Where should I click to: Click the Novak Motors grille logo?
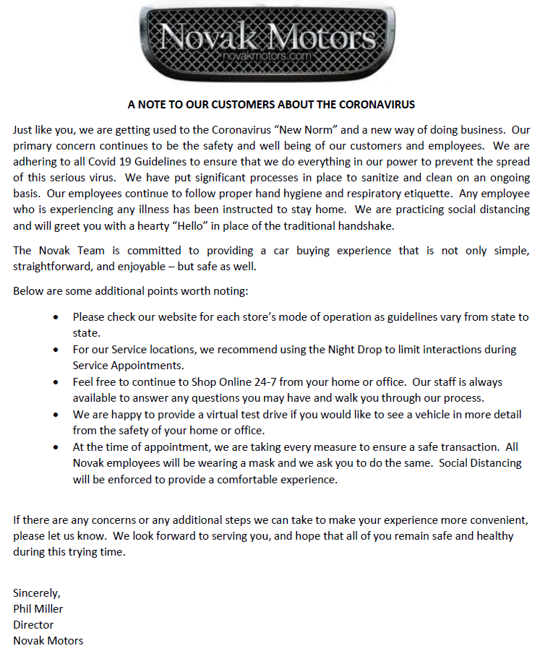coord(269,41)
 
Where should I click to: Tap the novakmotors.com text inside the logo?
coord(267,55)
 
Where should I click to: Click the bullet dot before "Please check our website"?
coord(57,317)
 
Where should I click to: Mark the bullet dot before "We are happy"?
coord(57,414)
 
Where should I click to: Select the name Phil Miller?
coord(38,608)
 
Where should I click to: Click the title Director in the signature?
coord(33,624)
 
